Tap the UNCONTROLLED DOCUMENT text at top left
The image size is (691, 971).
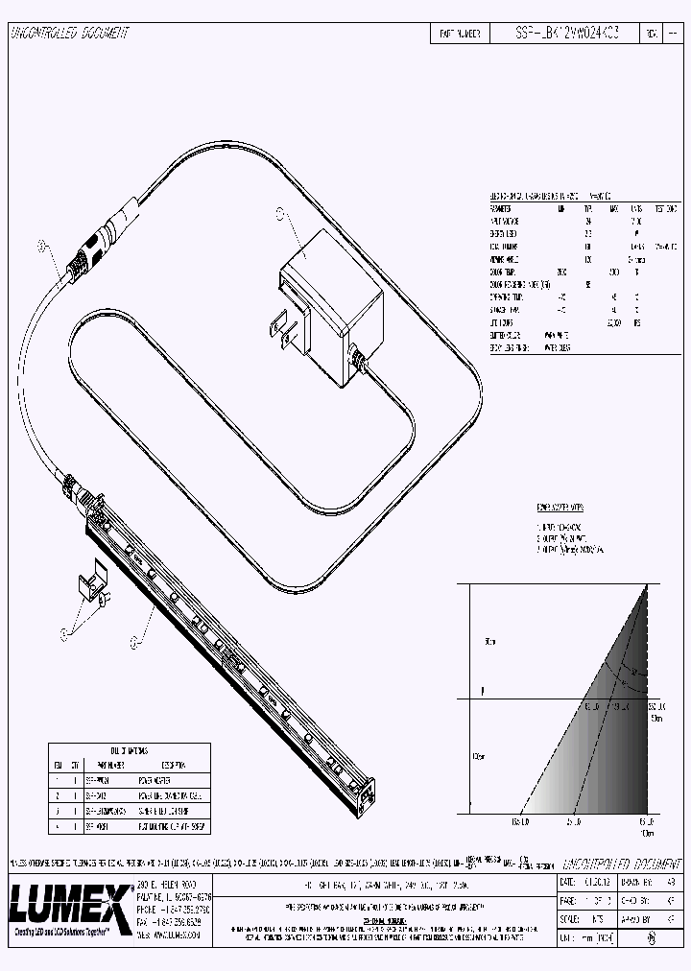pyautogui.click(x=69, y=34)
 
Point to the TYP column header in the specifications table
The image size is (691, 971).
pyautogui.click(x=588, y=208)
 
